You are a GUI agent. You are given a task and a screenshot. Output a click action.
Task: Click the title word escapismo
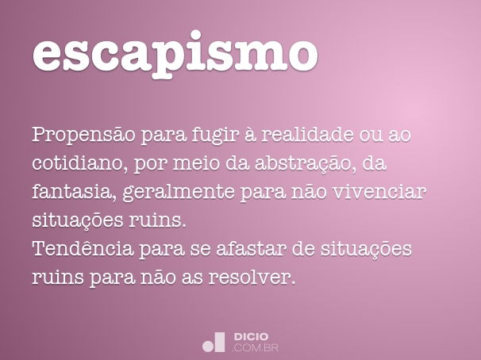tap(175, 53)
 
